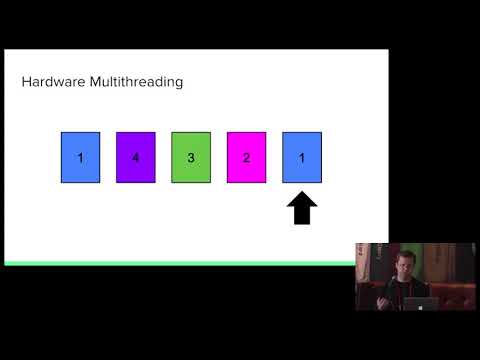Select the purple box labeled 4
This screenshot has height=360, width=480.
point(136,157)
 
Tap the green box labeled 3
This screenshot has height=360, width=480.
point(191,157)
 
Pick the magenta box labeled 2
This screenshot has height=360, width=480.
point(247,157)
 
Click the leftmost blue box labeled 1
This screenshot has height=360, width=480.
point(81,157)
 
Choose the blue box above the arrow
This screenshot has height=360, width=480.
point(302,157)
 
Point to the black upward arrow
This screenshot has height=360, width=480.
point(303,209)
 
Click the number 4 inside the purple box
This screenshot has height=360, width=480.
point(136,157)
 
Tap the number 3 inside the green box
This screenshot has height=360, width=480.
point(191,157)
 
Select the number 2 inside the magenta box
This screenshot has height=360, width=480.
point(247,157)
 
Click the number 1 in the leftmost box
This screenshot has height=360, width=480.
point(81,157)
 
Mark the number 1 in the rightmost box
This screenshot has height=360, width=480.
point(302,157)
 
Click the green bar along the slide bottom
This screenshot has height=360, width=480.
point(180,263)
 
